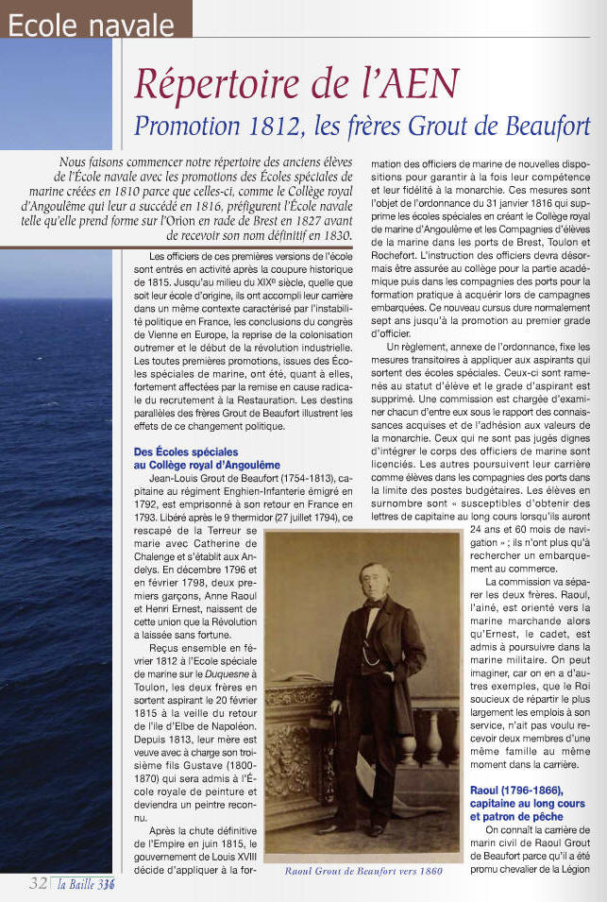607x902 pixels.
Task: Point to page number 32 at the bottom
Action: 39,883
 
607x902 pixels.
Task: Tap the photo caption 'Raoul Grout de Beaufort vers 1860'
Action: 363,872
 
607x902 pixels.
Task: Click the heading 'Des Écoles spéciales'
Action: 186,452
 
